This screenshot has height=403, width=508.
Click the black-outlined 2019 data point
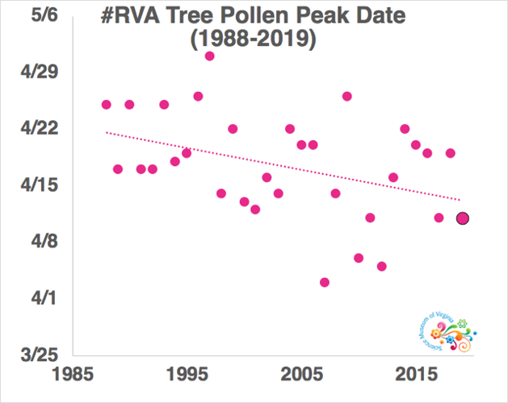[462, 218]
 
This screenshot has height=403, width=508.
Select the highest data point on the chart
[210, 56]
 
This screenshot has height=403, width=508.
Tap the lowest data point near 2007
[325, 282]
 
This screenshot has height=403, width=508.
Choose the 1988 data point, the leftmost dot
[107, 104]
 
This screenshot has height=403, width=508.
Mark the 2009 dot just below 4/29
[347, 96]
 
